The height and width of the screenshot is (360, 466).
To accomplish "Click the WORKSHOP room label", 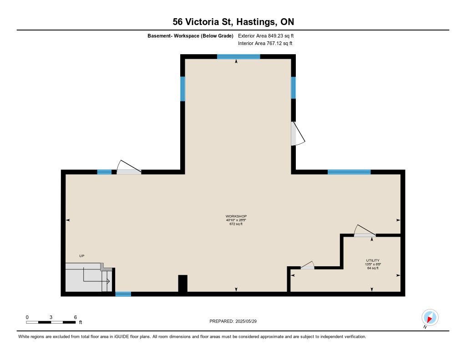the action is [x=236, y=216].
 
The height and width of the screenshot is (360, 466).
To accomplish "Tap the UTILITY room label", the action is [x=373, y=260].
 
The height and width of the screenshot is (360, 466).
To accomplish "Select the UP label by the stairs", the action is [x=82, y=256].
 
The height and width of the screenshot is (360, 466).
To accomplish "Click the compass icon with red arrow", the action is [x=430, y=318].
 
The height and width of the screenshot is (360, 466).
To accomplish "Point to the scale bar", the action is [x=51, y=322].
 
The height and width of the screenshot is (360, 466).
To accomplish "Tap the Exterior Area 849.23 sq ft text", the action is [x=266, y=35].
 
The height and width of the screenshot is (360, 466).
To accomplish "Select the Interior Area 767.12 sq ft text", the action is [x=265, y=43].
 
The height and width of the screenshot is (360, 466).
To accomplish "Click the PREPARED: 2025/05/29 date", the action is [x=233, y=321].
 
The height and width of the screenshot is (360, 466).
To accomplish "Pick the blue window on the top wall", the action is [x=238, y=57].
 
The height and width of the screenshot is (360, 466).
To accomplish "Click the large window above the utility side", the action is [x=349, y=172].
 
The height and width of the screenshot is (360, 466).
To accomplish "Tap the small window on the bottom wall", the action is [x=123, y=294].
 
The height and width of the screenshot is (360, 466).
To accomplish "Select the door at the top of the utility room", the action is [x=365, y=231].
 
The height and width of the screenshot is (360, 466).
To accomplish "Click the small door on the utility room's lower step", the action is [x=307, y=265].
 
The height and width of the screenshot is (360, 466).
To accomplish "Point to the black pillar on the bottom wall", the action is [x=183, y=284].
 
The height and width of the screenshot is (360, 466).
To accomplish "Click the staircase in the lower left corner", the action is [x=89, y=277].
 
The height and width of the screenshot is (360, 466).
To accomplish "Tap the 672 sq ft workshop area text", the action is [x=236, y=224].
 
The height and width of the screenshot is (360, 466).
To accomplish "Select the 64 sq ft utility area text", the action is [x=373, y=268].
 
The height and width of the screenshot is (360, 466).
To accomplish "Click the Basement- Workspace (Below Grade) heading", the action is [x=190, y=36].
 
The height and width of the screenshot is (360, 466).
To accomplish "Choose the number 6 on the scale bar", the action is [x=76, y=317].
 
